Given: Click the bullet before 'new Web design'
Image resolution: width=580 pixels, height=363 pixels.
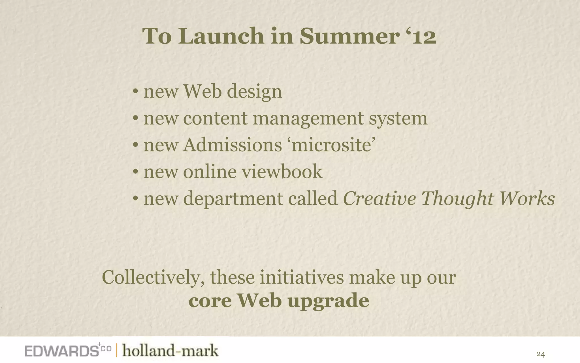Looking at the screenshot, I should tap(136, 92).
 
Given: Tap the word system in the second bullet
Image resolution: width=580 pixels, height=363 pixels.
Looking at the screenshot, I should tap(398, 119).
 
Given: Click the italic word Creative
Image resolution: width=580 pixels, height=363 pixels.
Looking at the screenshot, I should tap(379, 199).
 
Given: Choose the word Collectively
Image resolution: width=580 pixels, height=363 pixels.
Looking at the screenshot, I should tap(153, 278).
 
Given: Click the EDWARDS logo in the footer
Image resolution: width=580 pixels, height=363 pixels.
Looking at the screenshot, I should tap(61, 351).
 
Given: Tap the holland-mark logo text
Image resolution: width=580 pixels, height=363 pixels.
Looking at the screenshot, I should tap(170, 351).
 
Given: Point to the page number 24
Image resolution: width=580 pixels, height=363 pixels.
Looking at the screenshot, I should tap(540, 354).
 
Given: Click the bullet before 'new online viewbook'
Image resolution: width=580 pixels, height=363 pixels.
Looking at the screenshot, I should tap(136, 172).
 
